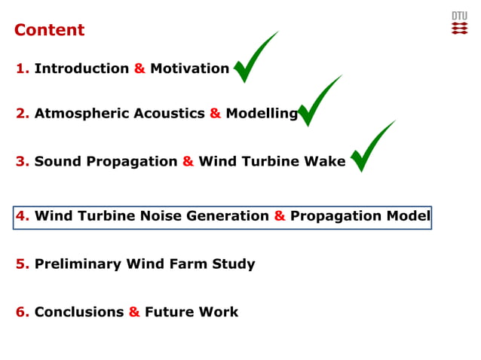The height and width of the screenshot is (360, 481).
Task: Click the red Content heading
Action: coord(49,30)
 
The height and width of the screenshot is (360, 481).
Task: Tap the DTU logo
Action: coord(459,23)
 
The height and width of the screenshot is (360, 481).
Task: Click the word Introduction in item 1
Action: coord(81,69)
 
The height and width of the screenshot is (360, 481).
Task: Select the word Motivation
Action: coord(189,69)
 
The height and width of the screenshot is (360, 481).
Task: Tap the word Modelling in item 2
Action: coord(262,114)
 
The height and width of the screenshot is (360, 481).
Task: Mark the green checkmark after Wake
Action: coord(369,148)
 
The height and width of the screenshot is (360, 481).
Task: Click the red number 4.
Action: coord(22,216)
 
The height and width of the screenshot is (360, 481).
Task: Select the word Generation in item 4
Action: coord(227,216)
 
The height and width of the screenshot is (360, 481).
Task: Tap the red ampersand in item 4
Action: coord(279,216)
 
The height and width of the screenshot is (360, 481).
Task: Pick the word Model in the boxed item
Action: coord(408,216)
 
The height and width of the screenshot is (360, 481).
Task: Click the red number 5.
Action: coord(22,264)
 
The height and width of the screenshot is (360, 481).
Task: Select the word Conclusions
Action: coord(79,312)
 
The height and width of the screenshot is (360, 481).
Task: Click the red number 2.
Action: coord(22,114)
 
